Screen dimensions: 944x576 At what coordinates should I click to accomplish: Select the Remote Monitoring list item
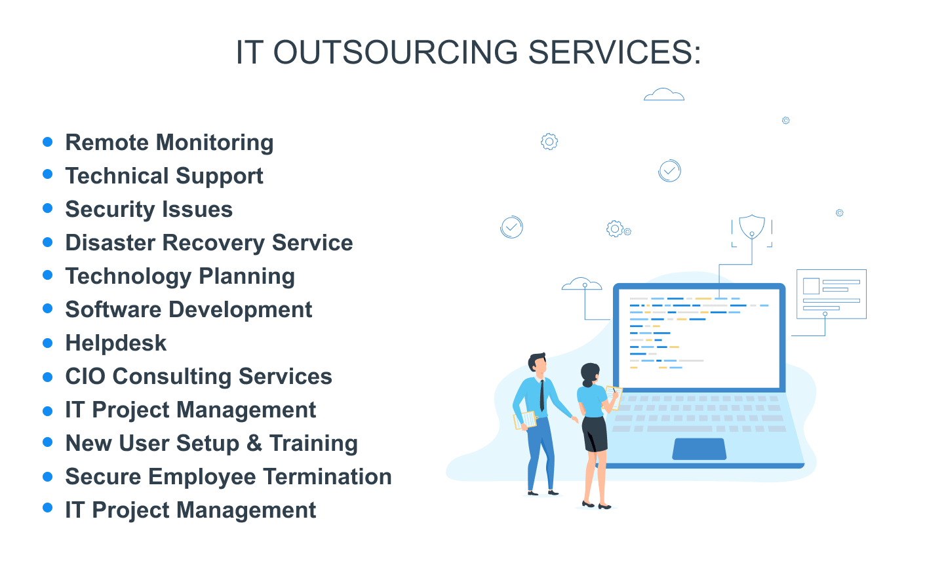coord(169,142)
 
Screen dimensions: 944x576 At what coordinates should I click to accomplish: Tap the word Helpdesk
coord(116,343)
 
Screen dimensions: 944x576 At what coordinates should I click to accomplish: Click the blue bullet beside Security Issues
coord(48,208)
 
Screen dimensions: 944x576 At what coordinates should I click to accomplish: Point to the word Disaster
coord(110,242)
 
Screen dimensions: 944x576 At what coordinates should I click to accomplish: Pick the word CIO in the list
coord(85,376)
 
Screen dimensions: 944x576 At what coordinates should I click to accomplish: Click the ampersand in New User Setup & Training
coord(254,443)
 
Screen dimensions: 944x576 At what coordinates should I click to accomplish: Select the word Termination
coord(328,476)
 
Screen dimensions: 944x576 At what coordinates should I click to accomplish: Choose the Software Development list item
coord(189,310)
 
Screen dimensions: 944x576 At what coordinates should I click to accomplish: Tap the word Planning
coord(246,277)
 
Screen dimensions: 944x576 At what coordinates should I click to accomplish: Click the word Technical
coord(117,176)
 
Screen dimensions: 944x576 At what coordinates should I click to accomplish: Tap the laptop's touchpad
coord(699,449)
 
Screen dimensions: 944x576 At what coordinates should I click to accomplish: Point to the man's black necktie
coord(542,395)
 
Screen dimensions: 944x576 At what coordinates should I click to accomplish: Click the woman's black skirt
coord(595,434)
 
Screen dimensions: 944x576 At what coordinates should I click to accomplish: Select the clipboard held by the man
coord(525,420)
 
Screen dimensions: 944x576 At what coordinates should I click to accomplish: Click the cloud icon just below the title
coord(663,94)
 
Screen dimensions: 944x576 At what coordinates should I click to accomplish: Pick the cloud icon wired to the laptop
coord(581,284)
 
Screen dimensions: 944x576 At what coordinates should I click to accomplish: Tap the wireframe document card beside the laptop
coord(831,294)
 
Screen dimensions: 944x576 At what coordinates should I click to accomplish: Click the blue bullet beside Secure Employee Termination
coord(48,476)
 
